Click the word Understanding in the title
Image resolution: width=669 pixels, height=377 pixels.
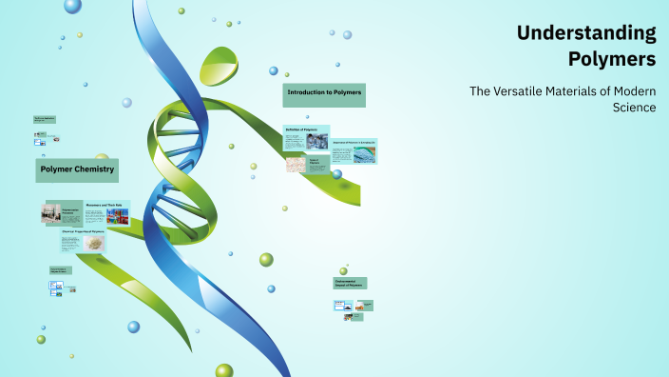pos(586,33)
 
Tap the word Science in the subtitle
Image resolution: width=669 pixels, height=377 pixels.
pos(635,108)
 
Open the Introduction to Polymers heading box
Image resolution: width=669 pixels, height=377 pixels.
pos(324,94)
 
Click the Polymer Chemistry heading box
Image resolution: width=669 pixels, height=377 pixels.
pos(77,170)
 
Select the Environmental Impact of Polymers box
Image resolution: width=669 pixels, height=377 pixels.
pos(350,283)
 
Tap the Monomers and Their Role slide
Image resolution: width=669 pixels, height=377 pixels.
pos(107,212)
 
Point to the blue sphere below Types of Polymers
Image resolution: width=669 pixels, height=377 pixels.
pos(336,174)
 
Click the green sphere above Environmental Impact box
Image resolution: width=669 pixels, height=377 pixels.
pos(344,270)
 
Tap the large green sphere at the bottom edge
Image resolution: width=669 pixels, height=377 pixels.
pos(224,370)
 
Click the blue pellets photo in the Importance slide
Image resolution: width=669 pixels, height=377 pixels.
pos(364,155)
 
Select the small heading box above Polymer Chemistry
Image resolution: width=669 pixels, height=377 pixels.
pos(45,120)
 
